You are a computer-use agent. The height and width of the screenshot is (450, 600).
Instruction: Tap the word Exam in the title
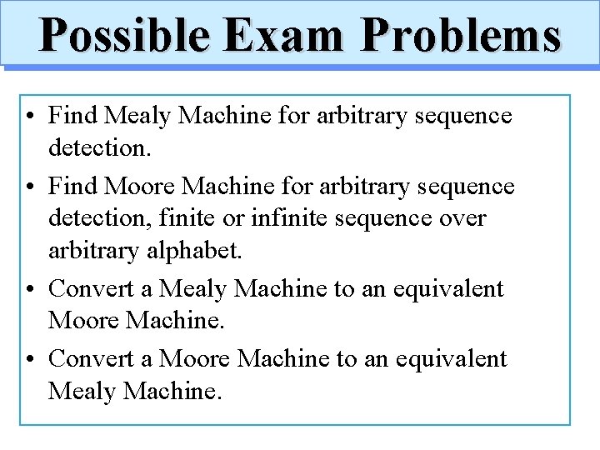pos(282,36)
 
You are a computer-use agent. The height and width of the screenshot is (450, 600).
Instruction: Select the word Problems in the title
pos(461,36)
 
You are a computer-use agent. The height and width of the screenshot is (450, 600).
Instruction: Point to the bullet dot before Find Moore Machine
pos(29,186)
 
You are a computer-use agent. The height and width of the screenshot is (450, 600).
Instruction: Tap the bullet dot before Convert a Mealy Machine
pos(29,289)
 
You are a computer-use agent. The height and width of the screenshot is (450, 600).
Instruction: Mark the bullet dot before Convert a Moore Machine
pos(29,358)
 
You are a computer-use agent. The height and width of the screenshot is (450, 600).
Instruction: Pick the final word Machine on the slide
pos(172,391)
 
